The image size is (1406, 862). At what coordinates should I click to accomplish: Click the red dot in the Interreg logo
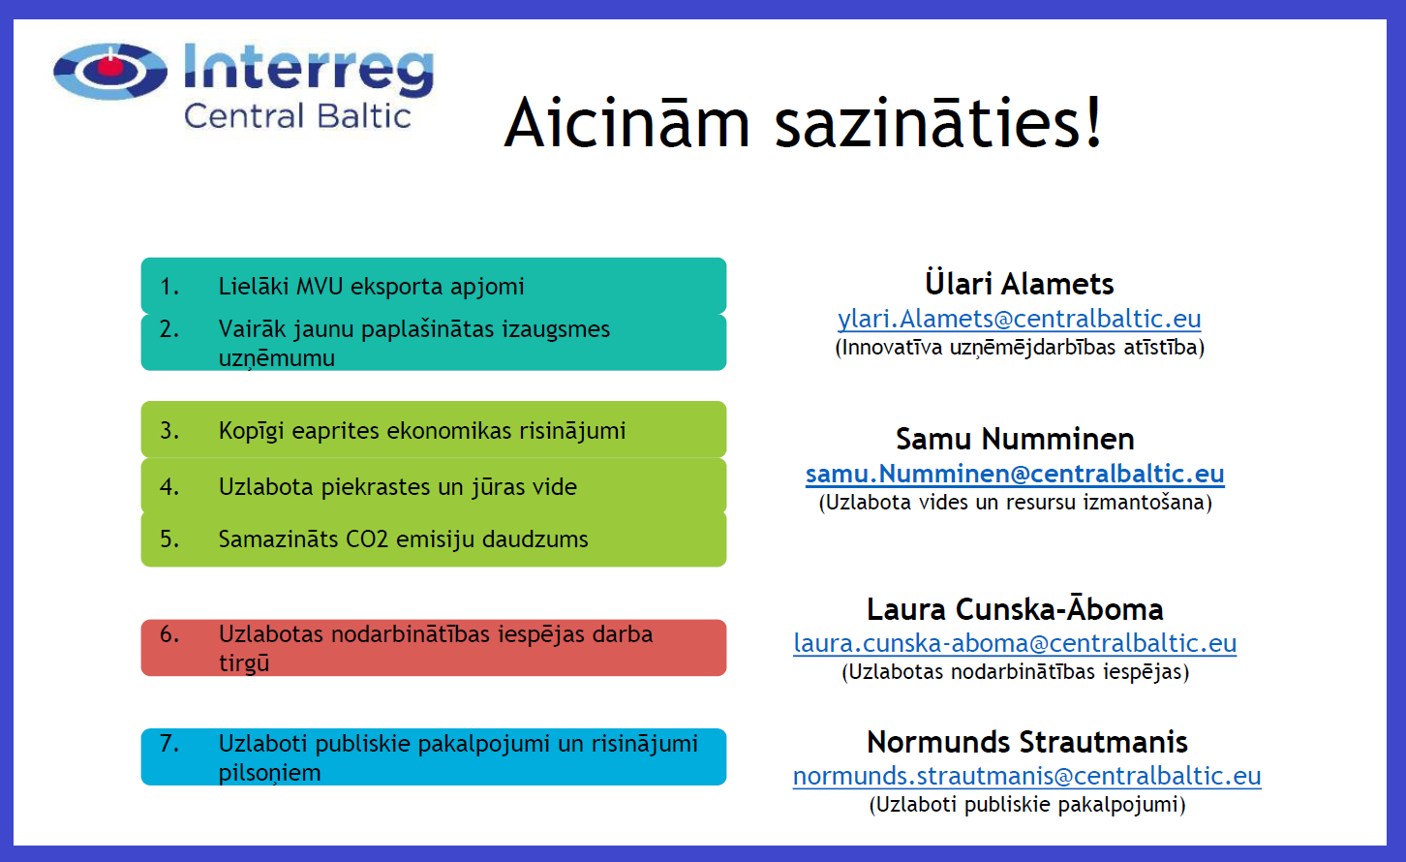[x=110, y=65]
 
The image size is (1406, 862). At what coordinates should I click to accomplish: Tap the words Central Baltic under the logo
[x=297, y=116]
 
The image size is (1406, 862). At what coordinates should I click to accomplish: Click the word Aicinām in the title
[x=627, y=123]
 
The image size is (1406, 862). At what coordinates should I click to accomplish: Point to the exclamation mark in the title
[x=1093, y=120]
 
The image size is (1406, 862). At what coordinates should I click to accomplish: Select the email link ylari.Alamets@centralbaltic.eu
[x=1019, y=319]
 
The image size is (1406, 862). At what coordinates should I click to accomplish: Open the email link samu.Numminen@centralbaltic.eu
[x=1015, y=474]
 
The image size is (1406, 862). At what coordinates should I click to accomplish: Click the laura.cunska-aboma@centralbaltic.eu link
[x=1015, y=643]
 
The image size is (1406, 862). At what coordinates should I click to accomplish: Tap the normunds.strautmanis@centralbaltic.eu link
[x=1026, y=776]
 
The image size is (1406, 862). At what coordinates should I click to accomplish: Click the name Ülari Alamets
[x=1020, y=283]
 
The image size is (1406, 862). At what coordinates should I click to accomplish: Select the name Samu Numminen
[x=1015, y=439]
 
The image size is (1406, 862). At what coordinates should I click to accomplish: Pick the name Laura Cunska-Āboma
[x=1015, y=608]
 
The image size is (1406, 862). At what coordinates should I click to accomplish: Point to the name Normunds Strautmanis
[x=1026, y=742]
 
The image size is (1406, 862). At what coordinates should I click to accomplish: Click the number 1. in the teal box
[x=169, y=287]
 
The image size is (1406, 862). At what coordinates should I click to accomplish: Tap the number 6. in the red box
[x=169, y=634]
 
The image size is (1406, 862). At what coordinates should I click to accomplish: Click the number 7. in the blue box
[x=169, y=743]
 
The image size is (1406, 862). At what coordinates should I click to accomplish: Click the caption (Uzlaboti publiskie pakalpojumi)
[x=1027, y=804]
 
